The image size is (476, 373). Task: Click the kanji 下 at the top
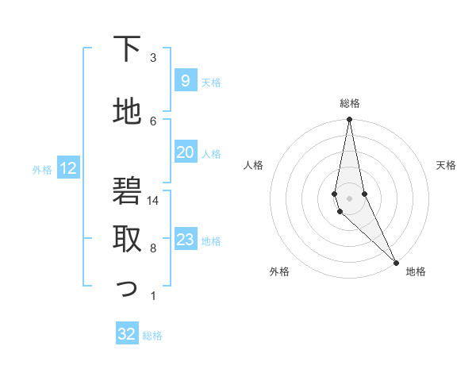point(128,49)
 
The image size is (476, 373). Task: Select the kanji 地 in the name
point(128,112)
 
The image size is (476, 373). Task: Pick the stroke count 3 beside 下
point(153,58)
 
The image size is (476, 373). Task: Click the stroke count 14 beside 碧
point(154,201)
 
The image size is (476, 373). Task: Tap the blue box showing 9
point(185,81)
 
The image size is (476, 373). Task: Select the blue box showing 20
point(185,152)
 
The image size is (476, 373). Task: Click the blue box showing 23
point(185,240)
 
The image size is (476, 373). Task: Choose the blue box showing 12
point(67,168)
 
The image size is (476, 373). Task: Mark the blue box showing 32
point(126,334)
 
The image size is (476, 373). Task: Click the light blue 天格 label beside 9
point(211,83)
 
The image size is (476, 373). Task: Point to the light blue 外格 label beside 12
point(42,169)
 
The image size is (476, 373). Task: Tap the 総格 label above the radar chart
point(350,103)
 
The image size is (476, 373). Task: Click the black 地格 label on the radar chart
point(416,271)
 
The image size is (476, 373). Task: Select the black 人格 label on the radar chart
point(254,165)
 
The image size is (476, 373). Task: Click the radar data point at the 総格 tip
point(349,120)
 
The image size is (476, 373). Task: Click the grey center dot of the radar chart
point(349,197)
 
